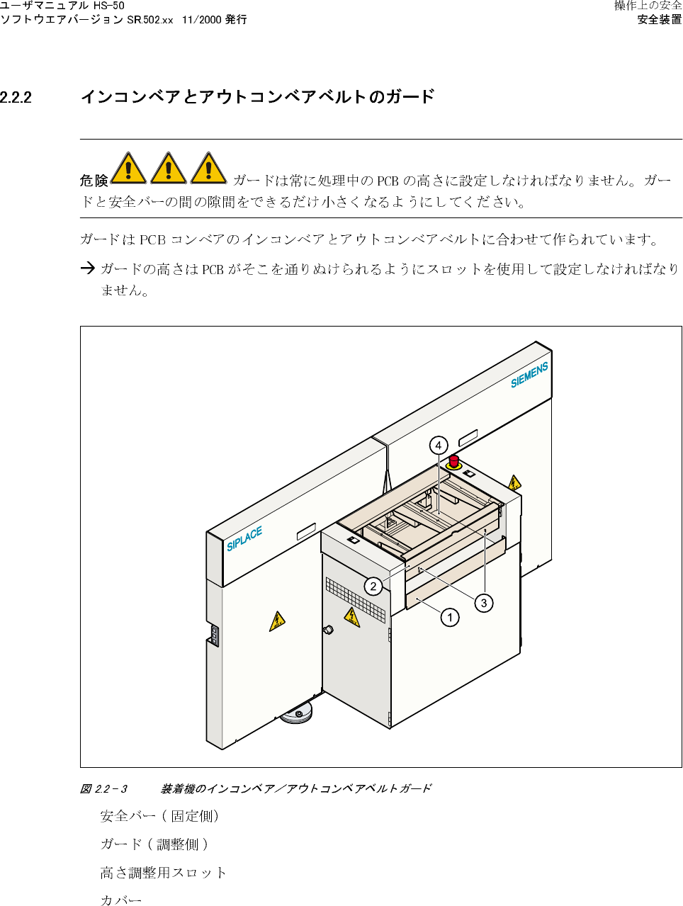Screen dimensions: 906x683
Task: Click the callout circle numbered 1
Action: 449,618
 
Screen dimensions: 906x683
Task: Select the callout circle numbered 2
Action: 373,586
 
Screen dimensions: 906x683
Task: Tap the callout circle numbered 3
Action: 484,603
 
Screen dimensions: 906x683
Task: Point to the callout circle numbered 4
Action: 439,446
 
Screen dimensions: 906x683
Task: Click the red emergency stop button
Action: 453,461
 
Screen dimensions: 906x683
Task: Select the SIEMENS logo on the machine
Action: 529,375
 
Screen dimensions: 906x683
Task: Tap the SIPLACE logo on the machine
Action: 244,538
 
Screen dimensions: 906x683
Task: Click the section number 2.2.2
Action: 16,97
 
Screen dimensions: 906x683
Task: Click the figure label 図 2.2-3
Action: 103,788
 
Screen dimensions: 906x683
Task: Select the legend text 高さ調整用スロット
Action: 163,873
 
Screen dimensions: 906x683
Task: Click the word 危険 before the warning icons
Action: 94,181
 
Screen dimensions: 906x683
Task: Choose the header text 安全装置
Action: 659,20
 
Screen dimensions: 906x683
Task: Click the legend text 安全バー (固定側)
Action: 159,816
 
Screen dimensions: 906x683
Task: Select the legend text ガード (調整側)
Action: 154,844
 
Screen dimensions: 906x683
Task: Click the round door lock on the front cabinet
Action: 328,630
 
